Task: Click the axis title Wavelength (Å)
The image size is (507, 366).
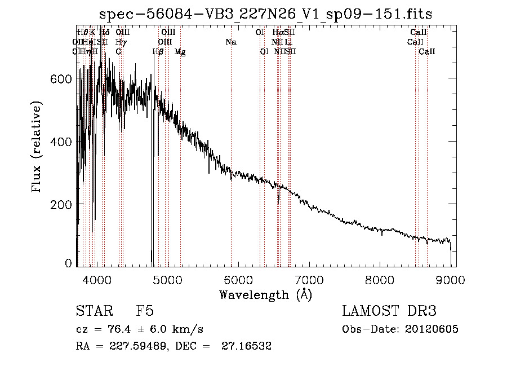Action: click(x=265, y=294)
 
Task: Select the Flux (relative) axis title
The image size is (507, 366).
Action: click(x=37, y=148)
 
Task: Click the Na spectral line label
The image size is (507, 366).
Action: click(x=230, y=42)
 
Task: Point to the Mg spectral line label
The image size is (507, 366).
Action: click(x=180, y=52)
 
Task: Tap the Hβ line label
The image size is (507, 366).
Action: click(x=158, y=52)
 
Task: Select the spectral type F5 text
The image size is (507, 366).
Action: click(x=145, y=311)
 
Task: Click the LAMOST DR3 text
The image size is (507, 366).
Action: click(x=389, y=311)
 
